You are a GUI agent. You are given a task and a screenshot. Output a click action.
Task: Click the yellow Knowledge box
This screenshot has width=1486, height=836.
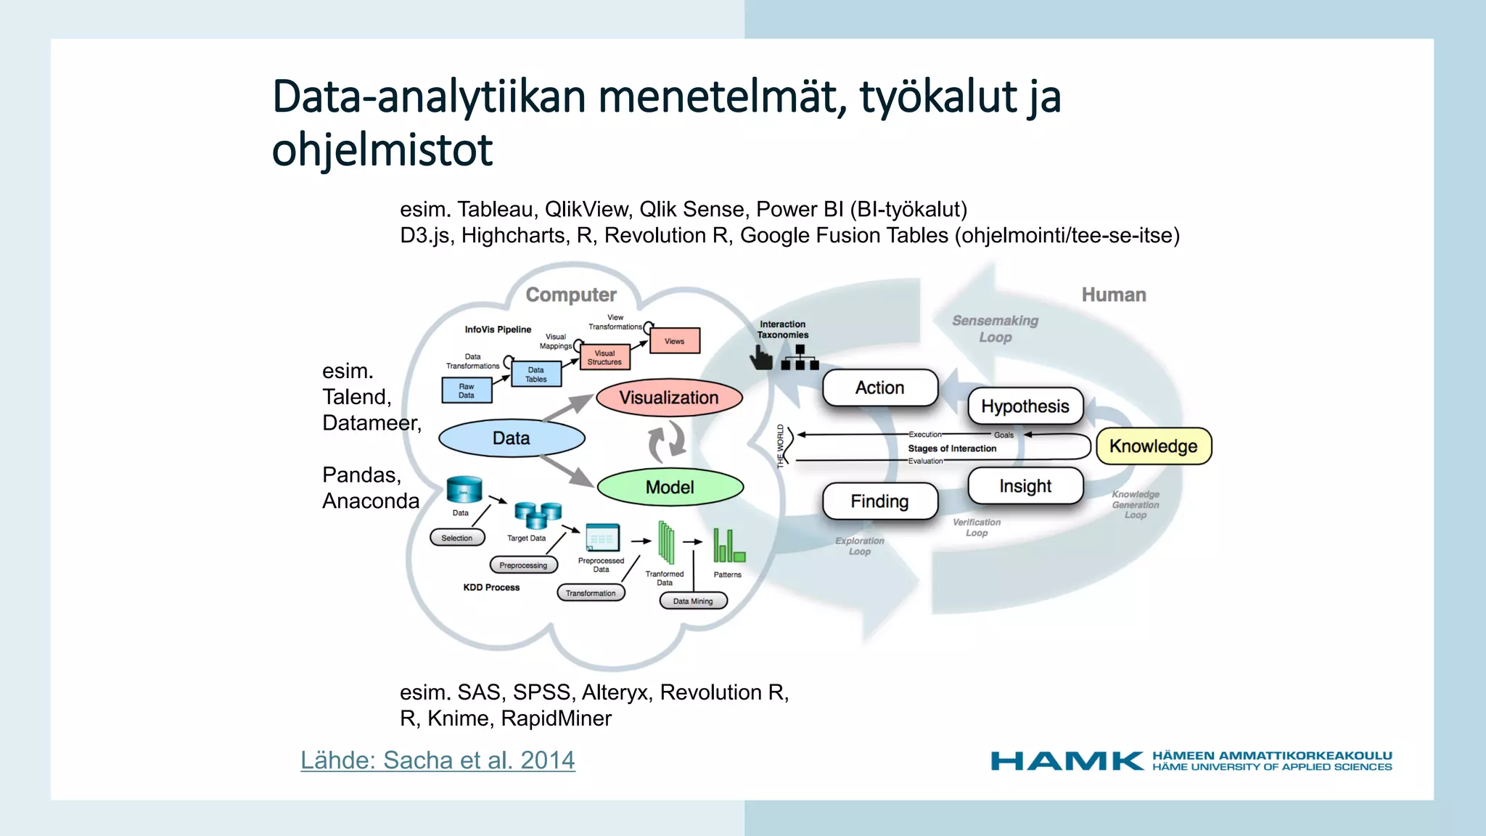click(1153, 446)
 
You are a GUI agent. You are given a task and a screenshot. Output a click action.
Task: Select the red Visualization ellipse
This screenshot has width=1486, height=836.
click(669, 398)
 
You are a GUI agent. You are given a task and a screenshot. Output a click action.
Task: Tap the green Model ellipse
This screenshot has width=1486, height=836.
click(670, 487)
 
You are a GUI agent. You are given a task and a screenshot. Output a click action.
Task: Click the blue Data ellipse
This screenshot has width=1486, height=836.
click(512, 438)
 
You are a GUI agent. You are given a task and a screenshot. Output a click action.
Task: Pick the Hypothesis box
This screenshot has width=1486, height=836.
click(1025, 406)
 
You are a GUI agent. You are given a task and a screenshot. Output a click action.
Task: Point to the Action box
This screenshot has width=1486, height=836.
click(879, 388)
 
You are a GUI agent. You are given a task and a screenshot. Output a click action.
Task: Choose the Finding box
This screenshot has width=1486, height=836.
click(879, 501)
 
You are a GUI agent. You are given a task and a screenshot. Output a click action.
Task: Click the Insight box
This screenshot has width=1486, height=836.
click(1025, 485)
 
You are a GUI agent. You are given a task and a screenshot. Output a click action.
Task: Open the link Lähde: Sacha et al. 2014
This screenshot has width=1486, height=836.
click(438, 760)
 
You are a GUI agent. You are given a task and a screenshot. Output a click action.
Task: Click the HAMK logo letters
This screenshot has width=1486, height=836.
click(1067, 761)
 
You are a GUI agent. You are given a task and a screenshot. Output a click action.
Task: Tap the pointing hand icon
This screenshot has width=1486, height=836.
click(760, 357)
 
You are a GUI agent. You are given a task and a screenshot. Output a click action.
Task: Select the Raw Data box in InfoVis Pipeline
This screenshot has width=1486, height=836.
click(467, 390)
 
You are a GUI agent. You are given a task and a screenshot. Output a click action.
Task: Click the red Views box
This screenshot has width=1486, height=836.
click(674, 341)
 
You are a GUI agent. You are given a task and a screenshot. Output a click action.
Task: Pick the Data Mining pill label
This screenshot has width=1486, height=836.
click(693, 601)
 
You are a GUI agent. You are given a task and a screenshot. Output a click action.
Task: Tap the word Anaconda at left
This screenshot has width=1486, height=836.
click(371, 501)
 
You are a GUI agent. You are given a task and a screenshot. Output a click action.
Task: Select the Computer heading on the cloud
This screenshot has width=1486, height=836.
click(571, 295)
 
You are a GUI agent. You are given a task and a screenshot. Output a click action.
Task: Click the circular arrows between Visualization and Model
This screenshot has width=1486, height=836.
click(667, 442)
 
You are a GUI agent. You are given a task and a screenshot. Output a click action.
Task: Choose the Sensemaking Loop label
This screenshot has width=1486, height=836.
click(995, 329)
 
